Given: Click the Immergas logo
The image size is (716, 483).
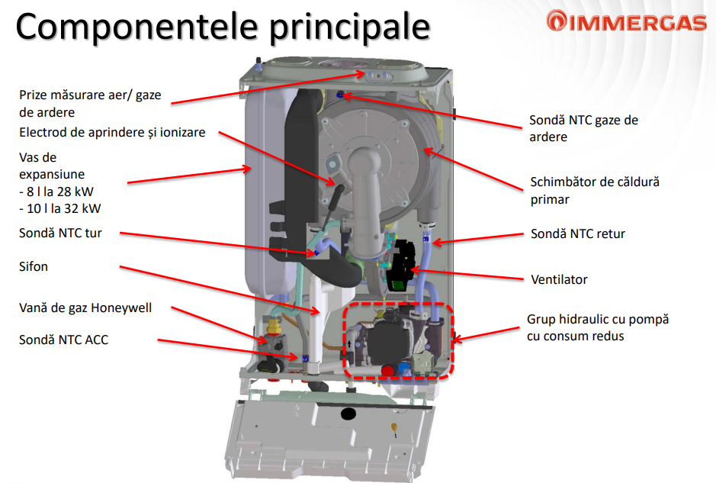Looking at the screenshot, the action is (627, 21).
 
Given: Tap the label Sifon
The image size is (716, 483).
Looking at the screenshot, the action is (34, 266).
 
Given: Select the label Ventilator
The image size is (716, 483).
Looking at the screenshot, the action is (559, 279).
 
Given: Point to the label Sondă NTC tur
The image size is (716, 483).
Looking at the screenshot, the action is (60, 233).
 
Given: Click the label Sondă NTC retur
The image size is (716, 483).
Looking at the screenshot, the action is (578, 234).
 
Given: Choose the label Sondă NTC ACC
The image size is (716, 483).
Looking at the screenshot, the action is (63, 340).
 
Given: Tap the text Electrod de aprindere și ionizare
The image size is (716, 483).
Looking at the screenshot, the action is (112, 133).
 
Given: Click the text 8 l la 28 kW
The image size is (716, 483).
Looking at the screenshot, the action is (56, 192).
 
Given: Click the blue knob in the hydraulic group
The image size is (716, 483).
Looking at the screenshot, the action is (404, 369).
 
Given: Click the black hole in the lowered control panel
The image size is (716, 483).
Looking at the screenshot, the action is (348, 414).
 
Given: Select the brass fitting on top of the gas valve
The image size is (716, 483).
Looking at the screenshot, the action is (273, 326).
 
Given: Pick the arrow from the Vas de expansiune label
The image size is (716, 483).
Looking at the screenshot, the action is (190, 175).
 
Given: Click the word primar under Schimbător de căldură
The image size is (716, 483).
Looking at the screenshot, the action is (550, 200).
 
